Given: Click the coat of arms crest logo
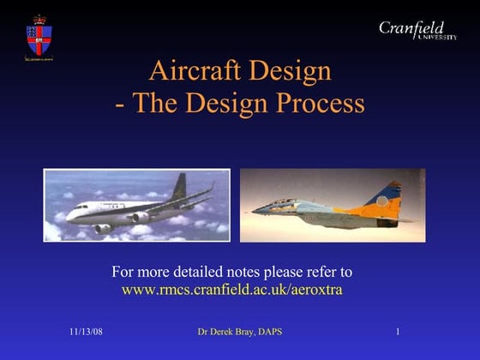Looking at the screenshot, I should click(39, 38).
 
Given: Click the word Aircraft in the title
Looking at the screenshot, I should click(193, 70).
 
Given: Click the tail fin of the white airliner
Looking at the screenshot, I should click(179, 186).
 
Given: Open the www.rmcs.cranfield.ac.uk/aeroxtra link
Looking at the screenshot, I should click(231, 290).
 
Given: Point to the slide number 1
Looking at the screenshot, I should click(399, 332).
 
